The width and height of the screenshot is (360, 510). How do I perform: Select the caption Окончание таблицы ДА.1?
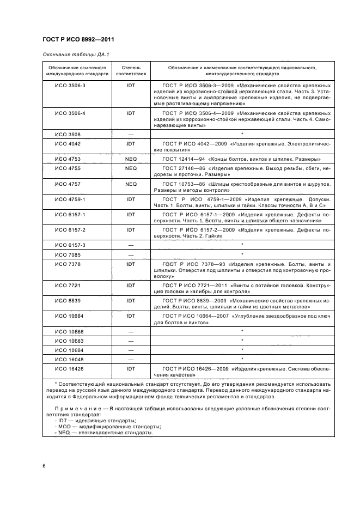[72, 55]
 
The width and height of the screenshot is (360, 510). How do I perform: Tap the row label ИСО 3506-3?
[66, 86]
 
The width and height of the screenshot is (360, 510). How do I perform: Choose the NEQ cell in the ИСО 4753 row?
[131, 159]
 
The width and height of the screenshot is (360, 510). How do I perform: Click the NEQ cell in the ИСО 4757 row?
[131, 184]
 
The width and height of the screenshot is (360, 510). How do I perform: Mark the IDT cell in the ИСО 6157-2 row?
[131, 230]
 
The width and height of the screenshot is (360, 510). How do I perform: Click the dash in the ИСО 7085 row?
[131, 254]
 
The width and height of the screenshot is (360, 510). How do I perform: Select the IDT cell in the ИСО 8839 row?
[131, 300]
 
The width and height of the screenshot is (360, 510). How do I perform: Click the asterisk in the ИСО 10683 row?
[242, 341]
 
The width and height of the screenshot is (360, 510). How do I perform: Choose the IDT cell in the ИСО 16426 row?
[131, 368]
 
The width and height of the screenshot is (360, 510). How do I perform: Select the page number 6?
[44, 466]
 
